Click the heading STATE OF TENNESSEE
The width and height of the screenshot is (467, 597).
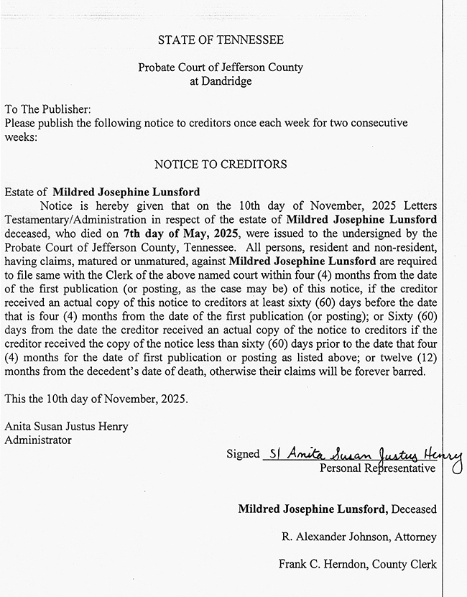point(221,40)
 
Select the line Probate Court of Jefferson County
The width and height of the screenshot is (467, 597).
point(221,68)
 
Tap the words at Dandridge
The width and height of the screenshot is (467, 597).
point(221,81)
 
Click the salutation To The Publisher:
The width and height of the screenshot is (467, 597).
point(48,109)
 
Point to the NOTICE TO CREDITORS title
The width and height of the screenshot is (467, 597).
point(221,165)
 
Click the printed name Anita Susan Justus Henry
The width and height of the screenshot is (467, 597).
point(66,427)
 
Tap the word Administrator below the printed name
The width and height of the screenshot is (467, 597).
point(38,440)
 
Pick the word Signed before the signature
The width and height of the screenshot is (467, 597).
point(243,455)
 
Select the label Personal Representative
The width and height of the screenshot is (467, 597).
point(377,468)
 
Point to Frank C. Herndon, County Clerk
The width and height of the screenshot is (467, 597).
point(357,565)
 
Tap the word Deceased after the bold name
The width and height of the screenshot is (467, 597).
point(414,509)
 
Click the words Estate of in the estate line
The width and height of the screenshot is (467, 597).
point(27,192)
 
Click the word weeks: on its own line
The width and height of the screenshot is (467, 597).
point(19,136)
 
